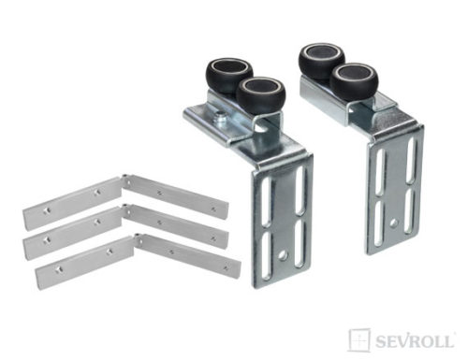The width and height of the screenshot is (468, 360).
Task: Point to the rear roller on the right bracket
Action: (321, 58)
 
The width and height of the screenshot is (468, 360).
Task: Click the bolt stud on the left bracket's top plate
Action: (222, 117)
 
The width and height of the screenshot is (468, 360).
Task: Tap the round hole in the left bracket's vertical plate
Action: (283, 255)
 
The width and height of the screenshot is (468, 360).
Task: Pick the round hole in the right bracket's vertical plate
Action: (394, 223)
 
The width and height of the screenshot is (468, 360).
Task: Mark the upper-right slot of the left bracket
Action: (300, 191)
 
